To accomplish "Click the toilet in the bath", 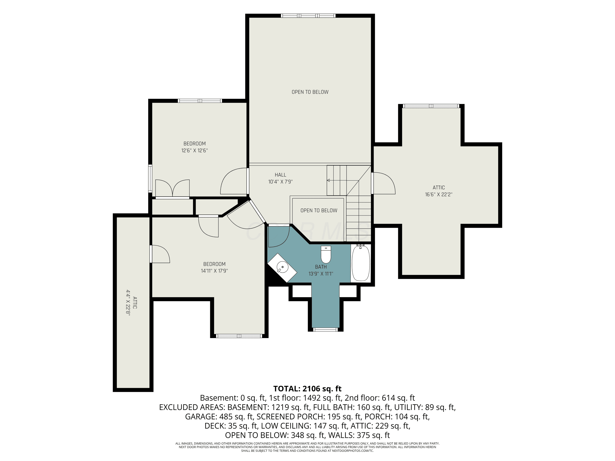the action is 326,254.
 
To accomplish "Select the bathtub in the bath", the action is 361,263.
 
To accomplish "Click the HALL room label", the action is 280,175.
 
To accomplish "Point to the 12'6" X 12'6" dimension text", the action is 195,151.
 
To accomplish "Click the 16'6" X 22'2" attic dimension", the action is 439,194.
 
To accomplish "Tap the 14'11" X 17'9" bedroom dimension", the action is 214,271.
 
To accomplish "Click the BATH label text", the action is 321,267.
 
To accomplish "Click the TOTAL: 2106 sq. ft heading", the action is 307,388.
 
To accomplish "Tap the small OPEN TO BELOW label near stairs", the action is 319,211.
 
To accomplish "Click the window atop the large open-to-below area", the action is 308,16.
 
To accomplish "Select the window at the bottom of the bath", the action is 325,329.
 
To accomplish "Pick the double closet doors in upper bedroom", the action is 172,188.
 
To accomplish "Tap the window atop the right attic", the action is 431,106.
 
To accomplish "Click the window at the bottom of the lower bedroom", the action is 239,336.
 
